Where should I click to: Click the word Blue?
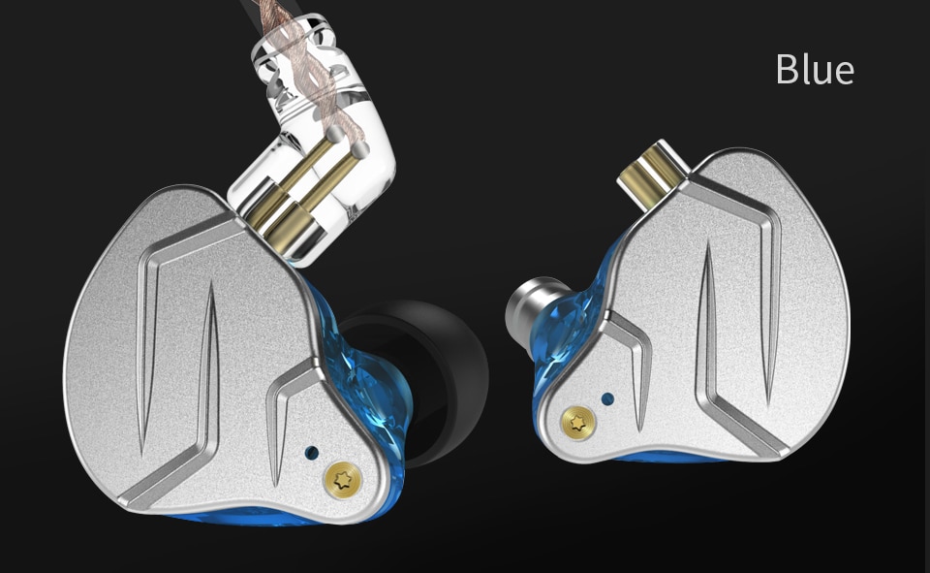coord(815,70)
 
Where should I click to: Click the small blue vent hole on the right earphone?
coord(607,398)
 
